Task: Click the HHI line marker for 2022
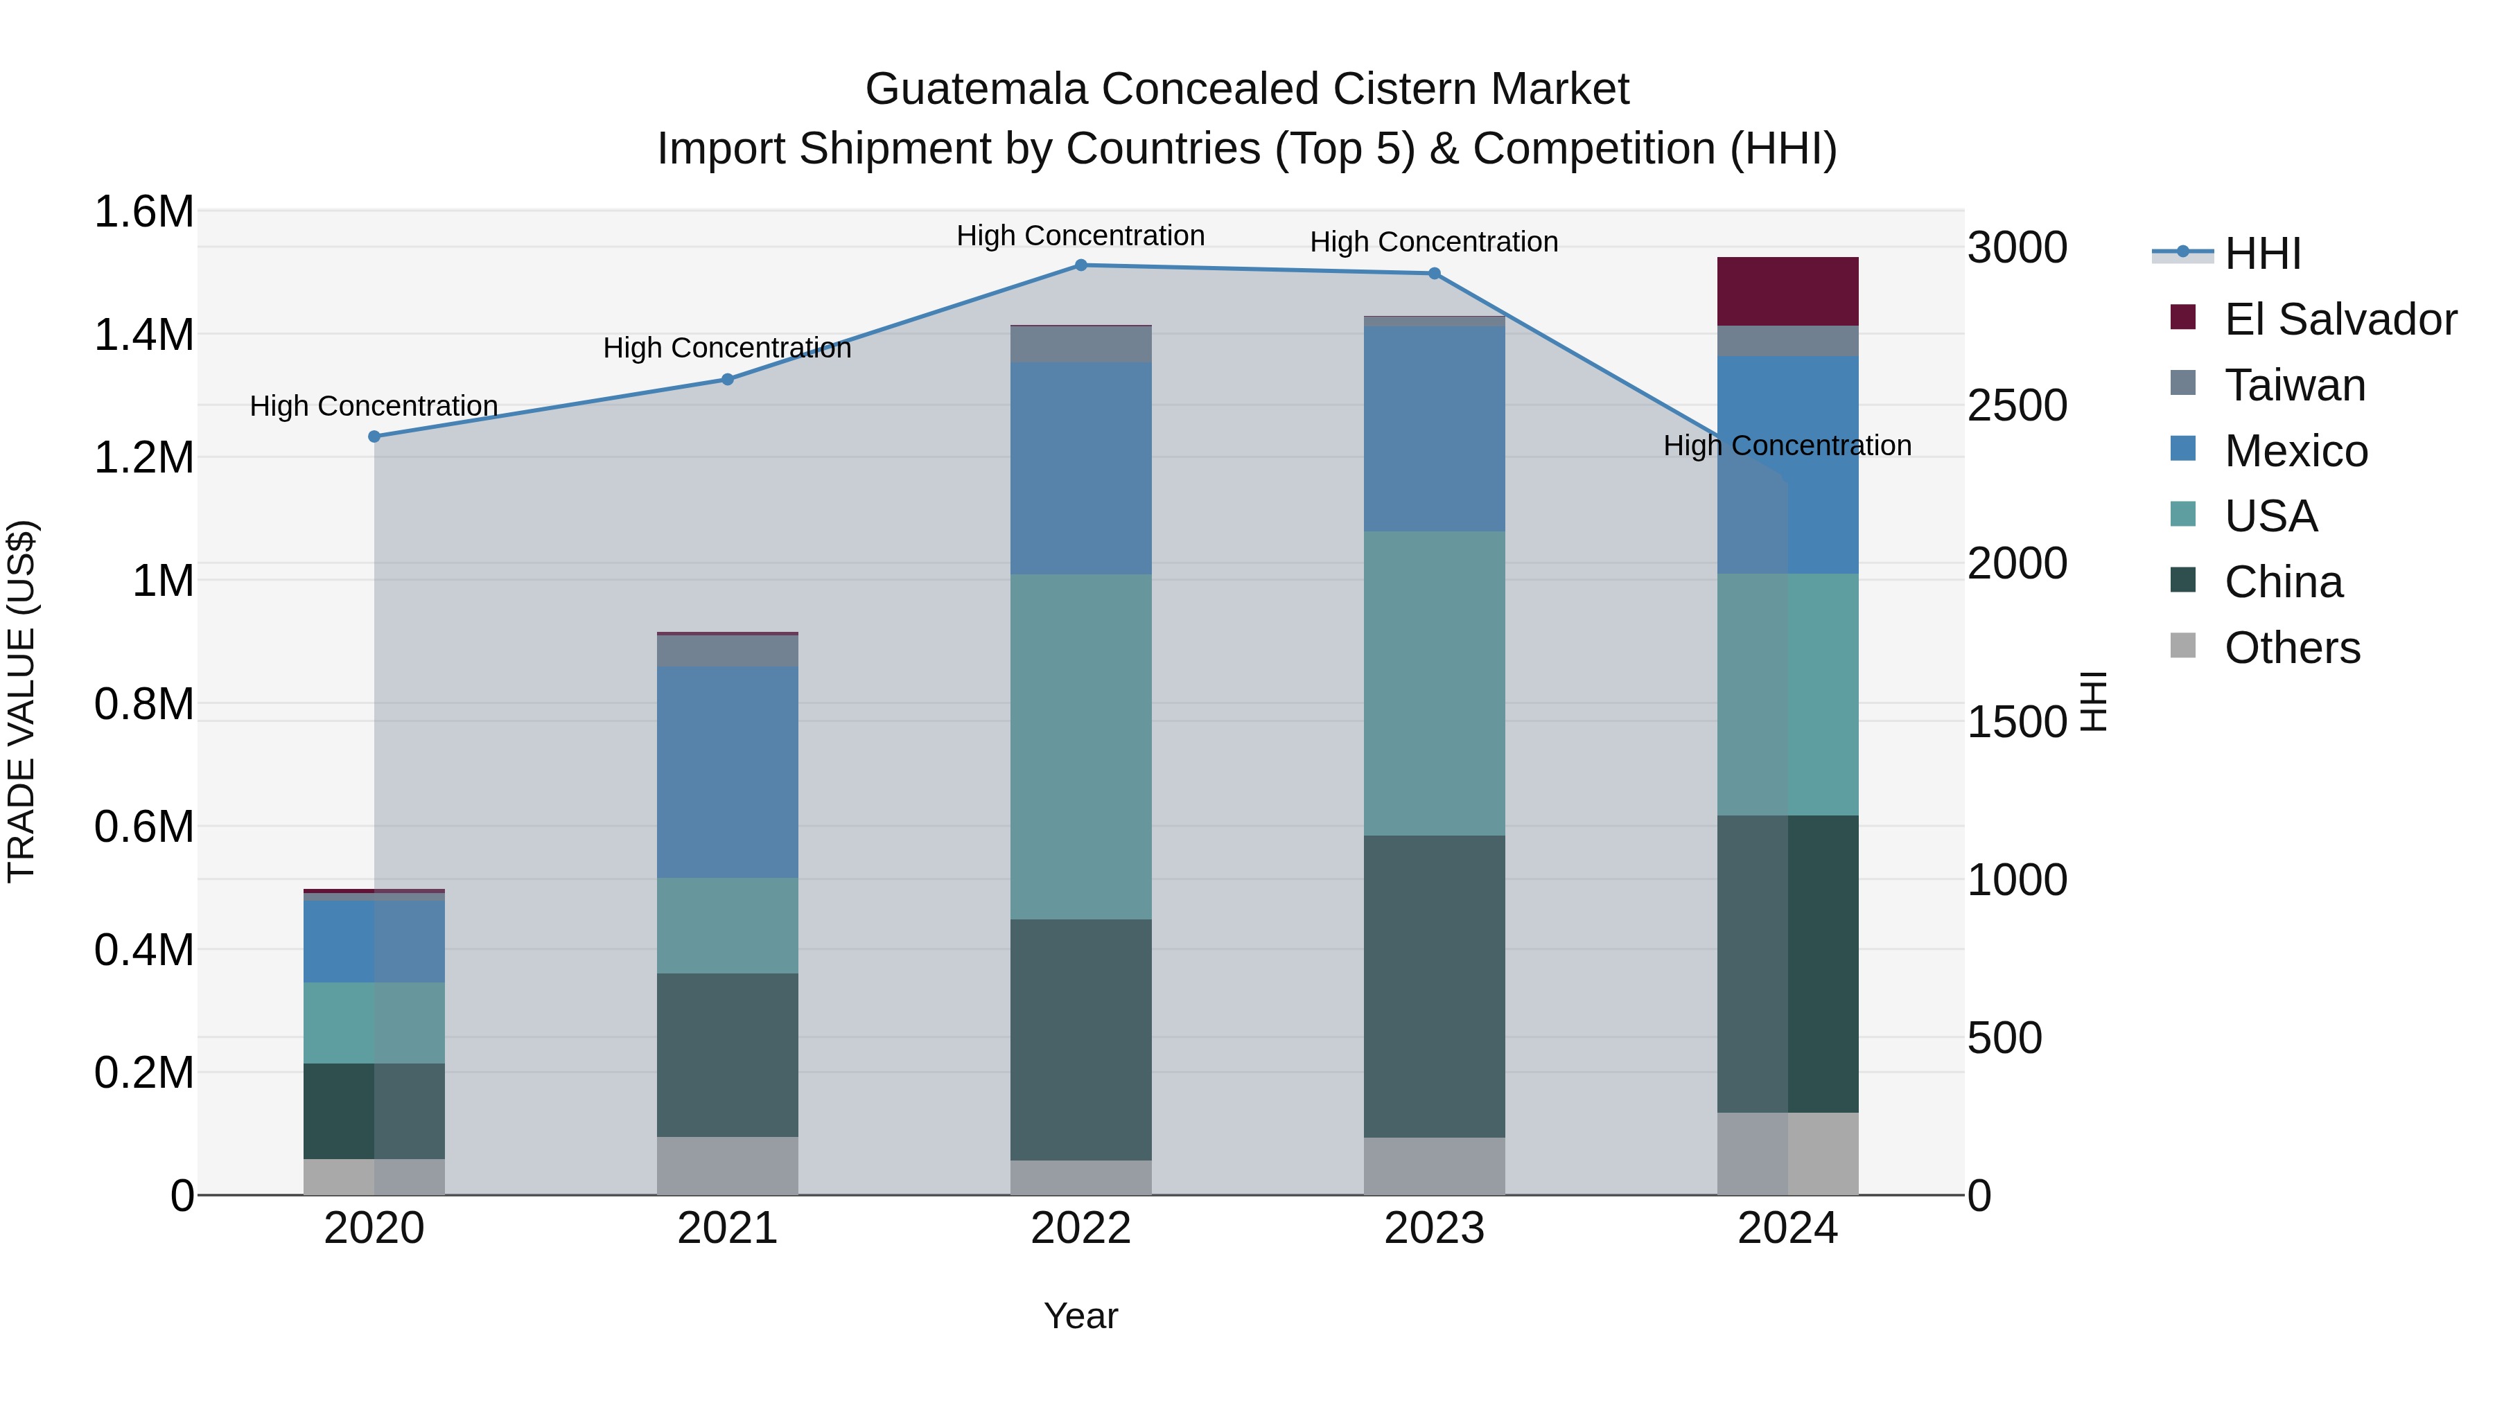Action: [x=1081, y=265]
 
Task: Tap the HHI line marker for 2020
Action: [x=374, y=436]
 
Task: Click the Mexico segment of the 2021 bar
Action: [x=728, y=772]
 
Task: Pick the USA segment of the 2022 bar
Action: [x=1081, y=746]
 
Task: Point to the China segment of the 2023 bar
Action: [x=1435, y=986]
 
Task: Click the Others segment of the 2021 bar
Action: [x=728, y=1166]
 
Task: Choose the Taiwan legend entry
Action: [x=2293, y=385]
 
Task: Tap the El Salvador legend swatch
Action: [x=2183, y=317]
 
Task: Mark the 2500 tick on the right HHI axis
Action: [x=2017, y=406]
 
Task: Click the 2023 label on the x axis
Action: [x=1435, y=1228]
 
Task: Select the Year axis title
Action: [x=1081, y=1316]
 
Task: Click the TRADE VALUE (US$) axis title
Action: [x=21, y=702]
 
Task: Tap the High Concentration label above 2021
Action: [x=728, y=348]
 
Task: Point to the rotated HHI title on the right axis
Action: [x=2094, y=702]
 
